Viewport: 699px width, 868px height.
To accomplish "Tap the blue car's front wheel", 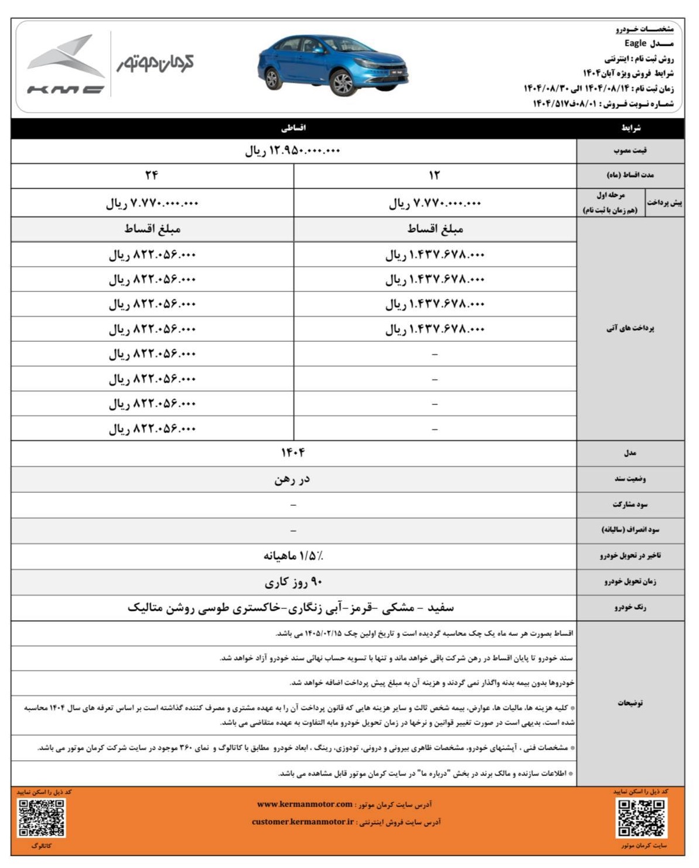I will tap(343, 83).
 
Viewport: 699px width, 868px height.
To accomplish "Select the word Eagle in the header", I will tap(635, 43).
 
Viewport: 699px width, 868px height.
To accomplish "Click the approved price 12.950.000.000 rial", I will tap(292, 151).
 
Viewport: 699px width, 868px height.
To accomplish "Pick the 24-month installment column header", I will tap(152, 175).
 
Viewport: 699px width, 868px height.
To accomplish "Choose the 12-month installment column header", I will tap(434, 175).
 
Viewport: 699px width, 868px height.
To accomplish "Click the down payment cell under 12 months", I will tap(434, 203).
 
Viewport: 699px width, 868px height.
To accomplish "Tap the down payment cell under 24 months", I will tap(152, 203).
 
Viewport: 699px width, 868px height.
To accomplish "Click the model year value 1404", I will tap(293, 453).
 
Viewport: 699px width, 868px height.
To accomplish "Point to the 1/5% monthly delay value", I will tap(293, 556).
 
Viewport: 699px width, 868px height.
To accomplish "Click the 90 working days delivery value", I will tap(293, 582).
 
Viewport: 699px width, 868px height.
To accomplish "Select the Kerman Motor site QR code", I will tap(641, 818).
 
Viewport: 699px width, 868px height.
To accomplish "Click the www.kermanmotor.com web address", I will tap(305, 804).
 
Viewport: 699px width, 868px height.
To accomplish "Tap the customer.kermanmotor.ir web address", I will tap(303, 822).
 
